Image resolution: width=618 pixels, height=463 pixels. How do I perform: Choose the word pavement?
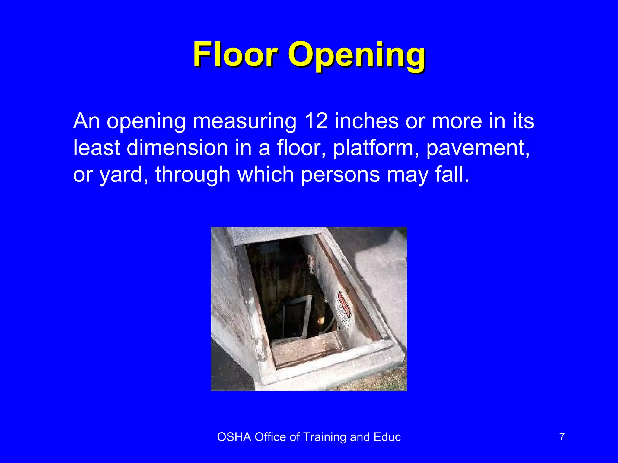[478, 148]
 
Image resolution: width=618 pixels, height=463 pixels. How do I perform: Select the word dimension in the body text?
[177, 148]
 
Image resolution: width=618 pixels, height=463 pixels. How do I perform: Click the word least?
[97, 148]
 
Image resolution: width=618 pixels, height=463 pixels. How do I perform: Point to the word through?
[193, 175]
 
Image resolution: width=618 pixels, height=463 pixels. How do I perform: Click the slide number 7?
[562, 437]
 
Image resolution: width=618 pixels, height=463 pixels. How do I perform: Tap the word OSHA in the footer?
[234, 437]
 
